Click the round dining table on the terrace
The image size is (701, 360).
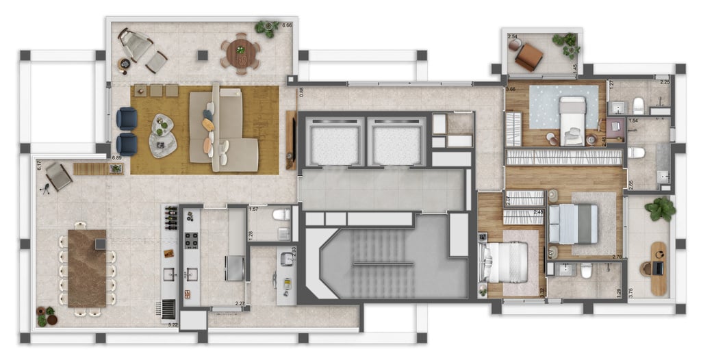pyautogui.click(x=240, y=53)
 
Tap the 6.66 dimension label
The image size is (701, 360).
pyautogui.click(x=288, y=25)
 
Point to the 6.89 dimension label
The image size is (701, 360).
pyautogui.click(x=117, y=158)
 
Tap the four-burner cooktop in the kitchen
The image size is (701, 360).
pyautogui.click(x=190, y=241)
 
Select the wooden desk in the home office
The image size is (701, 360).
pyautogui.click(x=659, y=268)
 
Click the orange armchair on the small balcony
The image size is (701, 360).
pyautogui.click(x=528, y=56)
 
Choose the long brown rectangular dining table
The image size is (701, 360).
pyautogui.click(x=87, y=268)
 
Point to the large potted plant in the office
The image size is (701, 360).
pyautogui.click(x=659, y=209)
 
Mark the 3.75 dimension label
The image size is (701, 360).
pyautogui.click(x=630, y=291)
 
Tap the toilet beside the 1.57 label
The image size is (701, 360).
pyautogui.click(x=281, y=215)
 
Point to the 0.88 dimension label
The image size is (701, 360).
pyautogui.click(x=300, y=90)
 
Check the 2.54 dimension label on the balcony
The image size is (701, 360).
pyautogui.click(x=512, y=36)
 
